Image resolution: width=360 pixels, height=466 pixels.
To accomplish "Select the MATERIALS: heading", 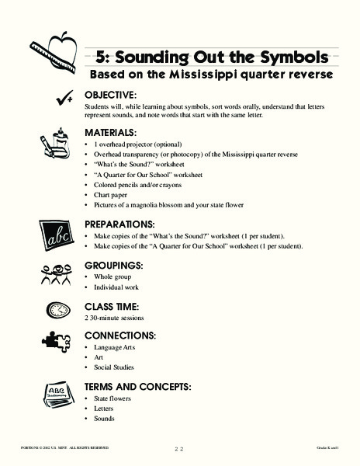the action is (110, 133).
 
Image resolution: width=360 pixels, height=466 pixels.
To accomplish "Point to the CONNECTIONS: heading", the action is (119, 335).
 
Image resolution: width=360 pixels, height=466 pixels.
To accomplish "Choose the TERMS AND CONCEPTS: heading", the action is (137, 386).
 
